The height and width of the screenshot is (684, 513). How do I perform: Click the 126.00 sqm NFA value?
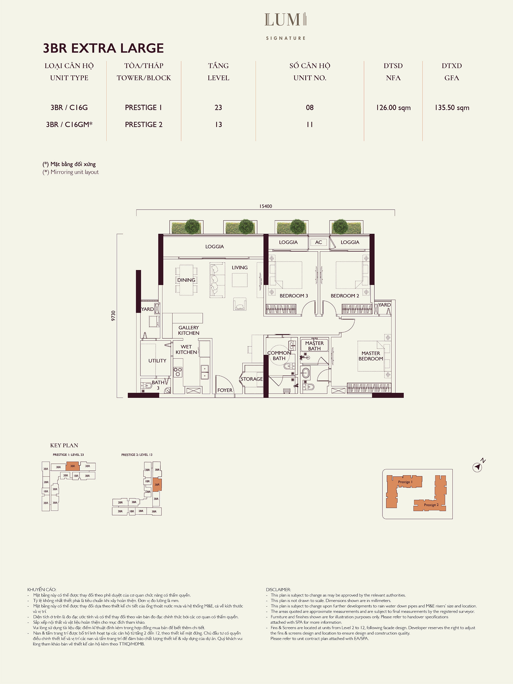pos(393,108)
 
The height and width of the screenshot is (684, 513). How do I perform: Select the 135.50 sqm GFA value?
pos(452,108)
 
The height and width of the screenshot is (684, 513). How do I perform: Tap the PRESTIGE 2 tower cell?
pos(144,124)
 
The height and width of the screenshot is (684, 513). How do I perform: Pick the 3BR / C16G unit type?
pos(69,107)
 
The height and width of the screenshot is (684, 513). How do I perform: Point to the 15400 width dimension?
pos(266,206)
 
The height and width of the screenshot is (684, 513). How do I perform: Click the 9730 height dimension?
pos(113,316)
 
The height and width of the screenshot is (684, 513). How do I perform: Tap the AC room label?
pos(318,242)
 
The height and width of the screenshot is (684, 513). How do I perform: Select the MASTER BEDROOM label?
pos(371,356)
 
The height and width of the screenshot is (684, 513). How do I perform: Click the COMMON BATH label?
pos(279,356)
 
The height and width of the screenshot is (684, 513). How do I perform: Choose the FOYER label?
pos(225,390)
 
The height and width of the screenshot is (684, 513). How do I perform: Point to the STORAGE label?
pos(252,379)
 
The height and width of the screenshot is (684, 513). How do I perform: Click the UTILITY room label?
pos(157,361)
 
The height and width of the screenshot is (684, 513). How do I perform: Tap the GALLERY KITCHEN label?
pos(189,330)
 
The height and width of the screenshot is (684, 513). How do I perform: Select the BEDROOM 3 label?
pos(294,296)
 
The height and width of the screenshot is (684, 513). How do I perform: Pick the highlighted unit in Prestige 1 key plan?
pos(73,466)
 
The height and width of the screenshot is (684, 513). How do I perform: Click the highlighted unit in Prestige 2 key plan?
pos(157,484)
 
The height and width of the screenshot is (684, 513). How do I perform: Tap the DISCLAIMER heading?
pos(278,590)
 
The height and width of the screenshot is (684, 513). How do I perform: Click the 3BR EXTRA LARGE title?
pos(103,48)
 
